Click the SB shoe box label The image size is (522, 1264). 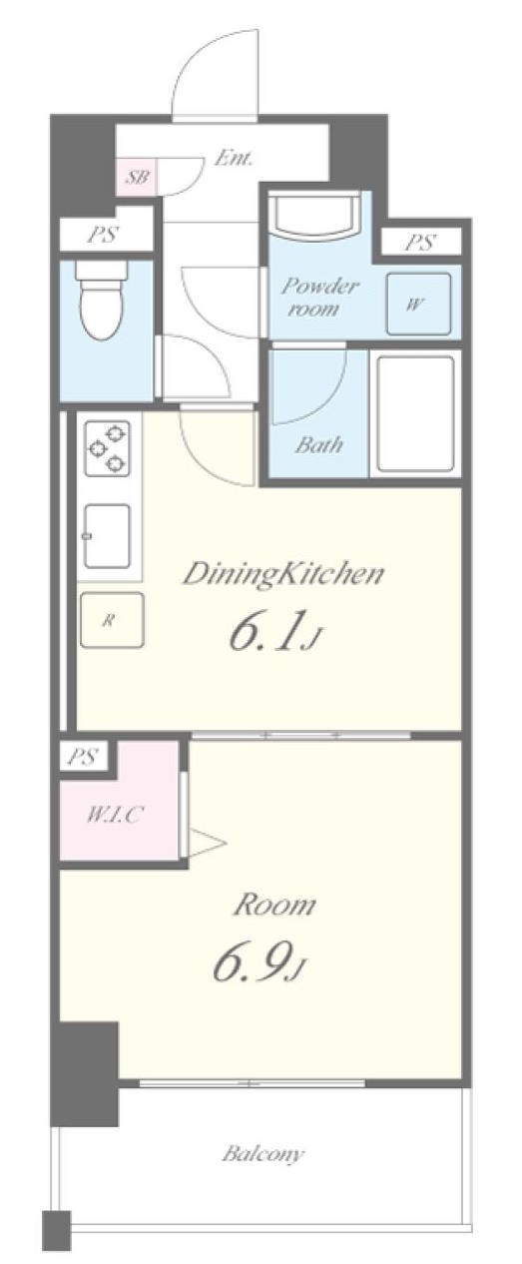click(137, 177)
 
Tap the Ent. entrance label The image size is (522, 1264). click(233, 158)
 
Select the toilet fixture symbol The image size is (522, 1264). click(102, 301)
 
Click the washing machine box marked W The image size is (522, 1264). click(418, 304)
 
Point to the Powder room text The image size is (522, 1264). click(318, 297)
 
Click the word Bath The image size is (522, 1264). click(318, 445)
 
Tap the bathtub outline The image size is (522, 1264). click(415, 413)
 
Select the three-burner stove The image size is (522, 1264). click(107, 448)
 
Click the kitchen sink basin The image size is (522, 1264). click(107, 535)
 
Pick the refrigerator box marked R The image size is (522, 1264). click(112, 620)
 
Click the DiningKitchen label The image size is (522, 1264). click(282, 574)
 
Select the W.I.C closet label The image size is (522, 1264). click(115, 815)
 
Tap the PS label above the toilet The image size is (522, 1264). click(105, 235)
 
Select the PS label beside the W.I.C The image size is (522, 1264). click(83, 757)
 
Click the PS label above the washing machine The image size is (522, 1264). click(420, 243)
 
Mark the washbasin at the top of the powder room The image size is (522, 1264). click(313, 216)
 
